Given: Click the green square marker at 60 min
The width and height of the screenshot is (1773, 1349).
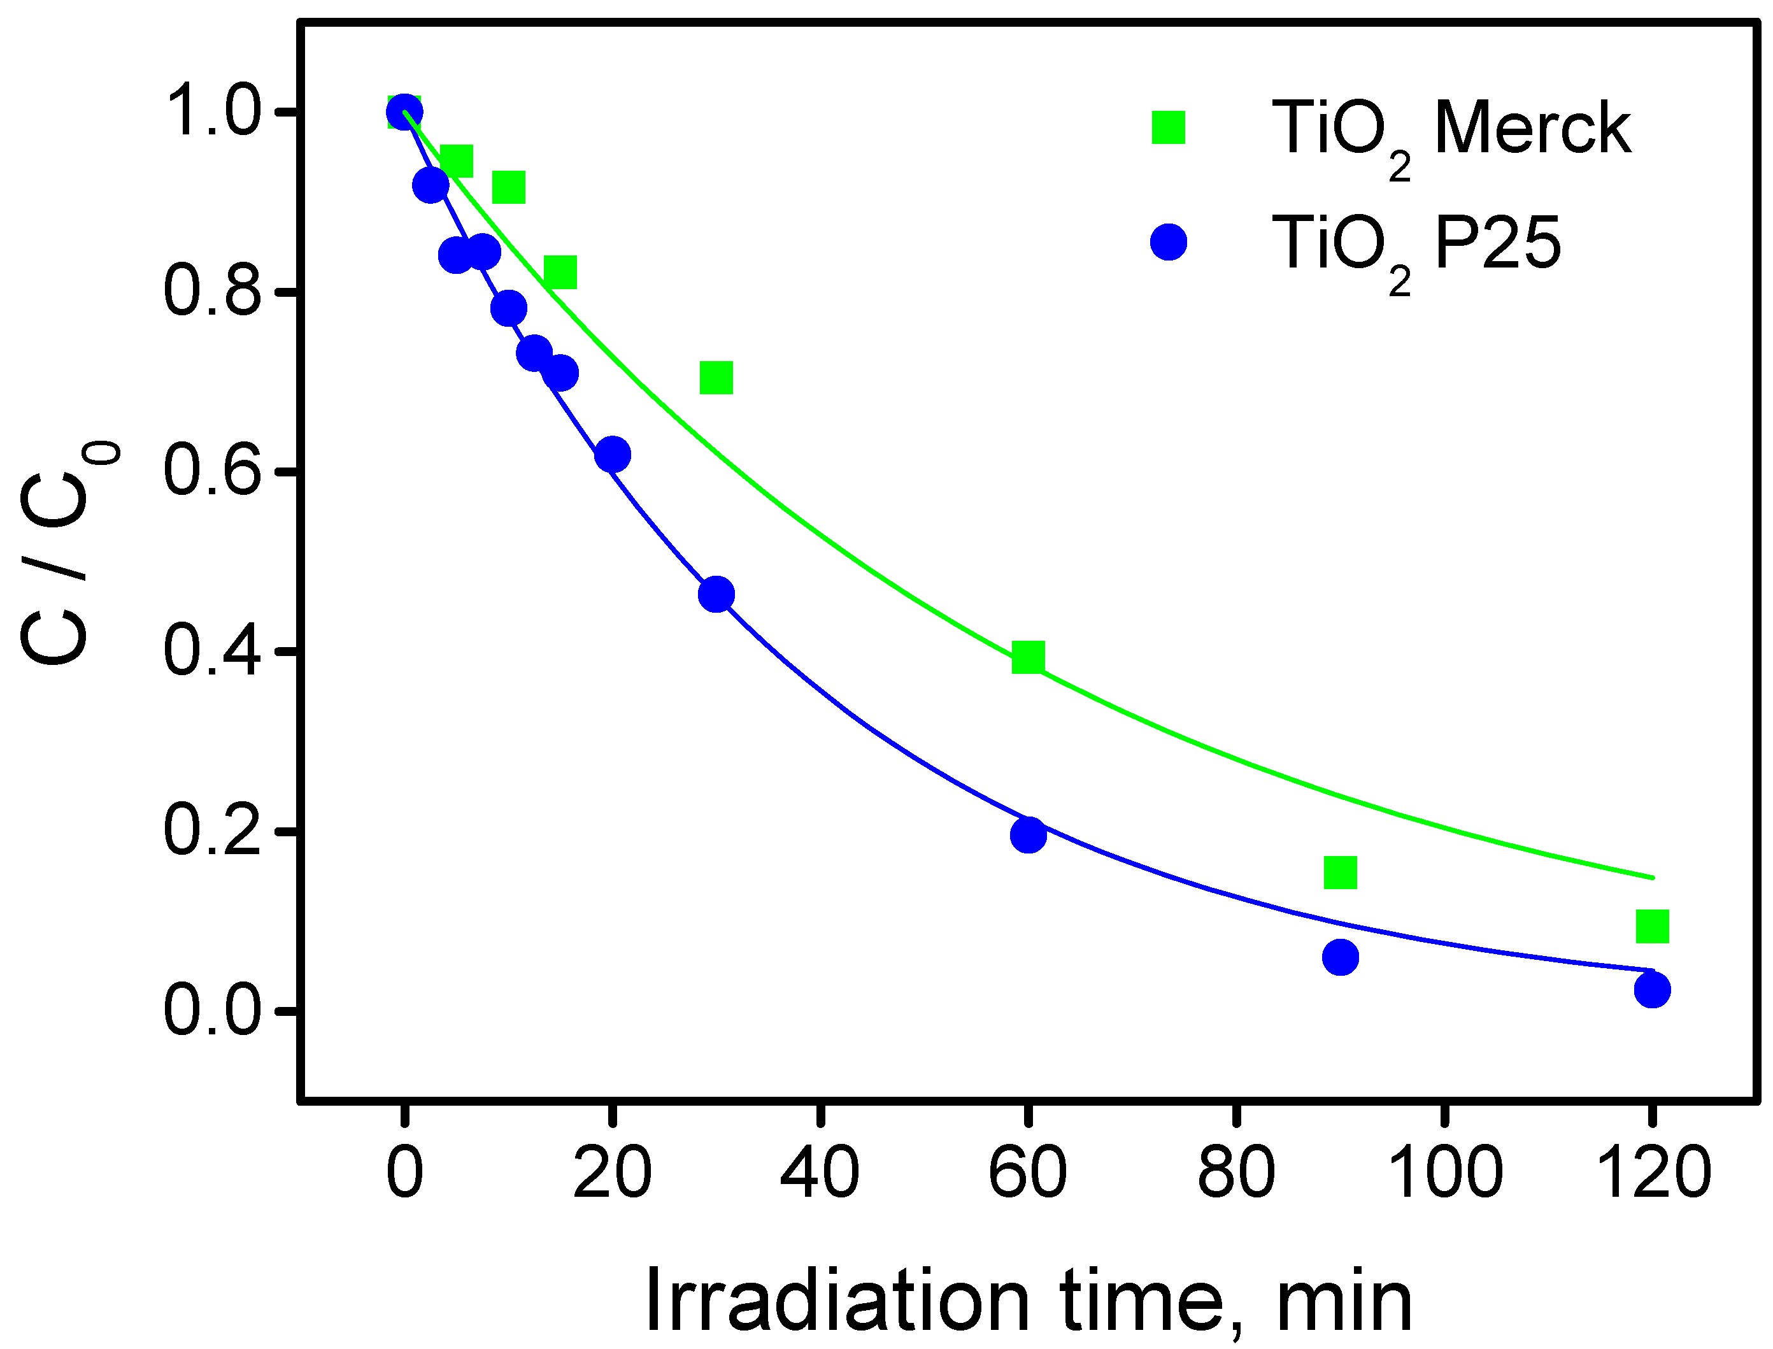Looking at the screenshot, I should (1028, 657).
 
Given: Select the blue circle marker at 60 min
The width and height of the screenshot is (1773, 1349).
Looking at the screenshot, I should (1028, 834).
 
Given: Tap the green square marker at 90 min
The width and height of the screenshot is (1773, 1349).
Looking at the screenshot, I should (1340, 872).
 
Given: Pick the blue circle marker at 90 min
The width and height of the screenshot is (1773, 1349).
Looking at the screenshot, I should (1340, 957).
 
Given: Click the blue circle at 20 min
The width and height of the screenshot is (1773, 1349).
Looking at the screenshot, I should (613, 455).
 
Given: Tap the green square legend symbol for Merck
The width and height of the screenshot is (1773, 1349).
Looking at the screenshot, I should (1169, 127).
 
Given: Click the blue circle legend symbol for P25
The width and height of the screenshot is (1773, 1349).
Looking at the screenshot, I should (1169, 241).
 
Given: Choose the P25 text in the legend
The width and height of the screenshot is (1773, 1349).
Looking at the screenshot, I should (1498, 243).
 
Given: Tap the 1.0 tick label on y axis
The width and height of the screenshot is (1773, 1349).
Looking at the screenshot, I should (212, 111).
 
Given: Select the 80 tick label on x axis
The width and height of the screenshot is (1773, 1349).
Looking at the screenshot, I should (1235, 1173).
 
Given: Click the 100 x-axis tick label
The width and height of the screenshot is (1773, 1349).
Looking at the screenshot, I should (1444, 1173).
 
